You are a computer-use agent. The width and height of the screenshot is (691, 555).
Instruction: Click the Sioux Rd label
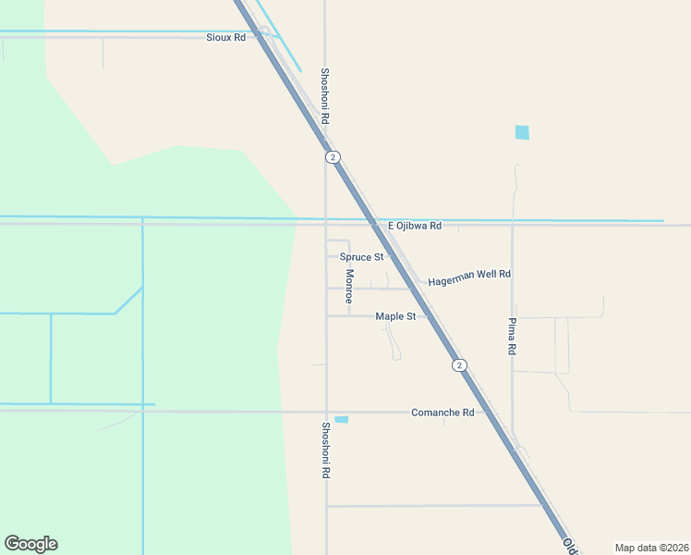coord(225,38)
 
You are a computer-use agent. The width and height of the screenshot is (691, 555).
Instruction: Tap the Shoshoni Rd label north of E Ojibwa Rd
coord(325,96)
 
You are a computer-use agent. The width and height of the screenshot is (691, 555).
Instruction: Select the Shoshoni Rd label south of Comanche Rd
coord(325,450)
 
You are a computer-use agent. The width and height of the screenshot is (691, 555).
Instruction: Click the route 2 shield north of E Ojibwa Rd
coord(333,157)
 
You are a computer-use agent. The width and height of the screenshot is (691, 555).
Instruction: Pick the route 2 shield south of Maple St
coord(459,365)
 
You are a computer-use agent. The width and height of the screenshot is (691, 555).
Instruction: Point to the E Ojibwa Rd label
coord(414,226)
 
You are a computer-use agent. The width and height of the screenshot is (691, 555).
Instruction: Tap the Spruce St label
coord(361,257)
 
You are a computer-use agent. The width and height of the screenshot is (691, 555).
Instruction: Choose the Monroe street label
coord(349,287)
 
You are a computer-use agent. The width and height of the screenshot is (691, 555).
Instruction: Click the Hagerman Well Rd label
coord(469,275)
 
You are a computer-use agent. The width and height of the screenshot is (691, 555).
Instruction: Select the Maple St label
coord(395,316)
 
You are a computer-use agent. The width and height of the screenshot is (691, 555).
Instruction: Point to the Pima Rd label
coord(512,338)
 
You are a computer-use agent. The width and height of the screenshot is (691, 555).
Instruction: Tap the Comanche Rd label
coord(442,413)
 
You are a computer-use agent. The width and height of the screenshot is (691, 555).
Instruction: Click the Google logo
coord(30,544)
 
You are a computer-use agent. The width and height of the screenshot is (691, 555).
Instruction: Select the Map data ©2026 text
coord(650,548)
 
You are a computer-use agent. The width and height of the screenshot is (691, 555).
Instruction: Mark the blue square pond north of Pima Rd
coord(523,132)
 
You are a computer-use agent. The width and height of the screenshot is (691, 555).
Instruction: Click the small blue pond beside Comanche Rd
coord(342,420)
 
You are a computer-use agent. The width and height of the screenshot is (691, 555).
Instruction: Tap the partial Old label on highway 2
coord(570,547)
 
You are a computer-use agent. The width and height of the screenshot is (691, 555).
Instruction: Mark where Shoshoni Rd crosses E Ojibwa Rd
coord(325,224)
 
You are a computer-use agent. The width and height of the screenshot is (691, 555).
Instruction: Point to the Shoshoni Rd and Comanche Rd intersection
coord(325,412)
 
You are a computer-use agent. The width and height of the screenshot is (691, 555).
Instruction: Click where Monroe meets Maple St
coord(349,316)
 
